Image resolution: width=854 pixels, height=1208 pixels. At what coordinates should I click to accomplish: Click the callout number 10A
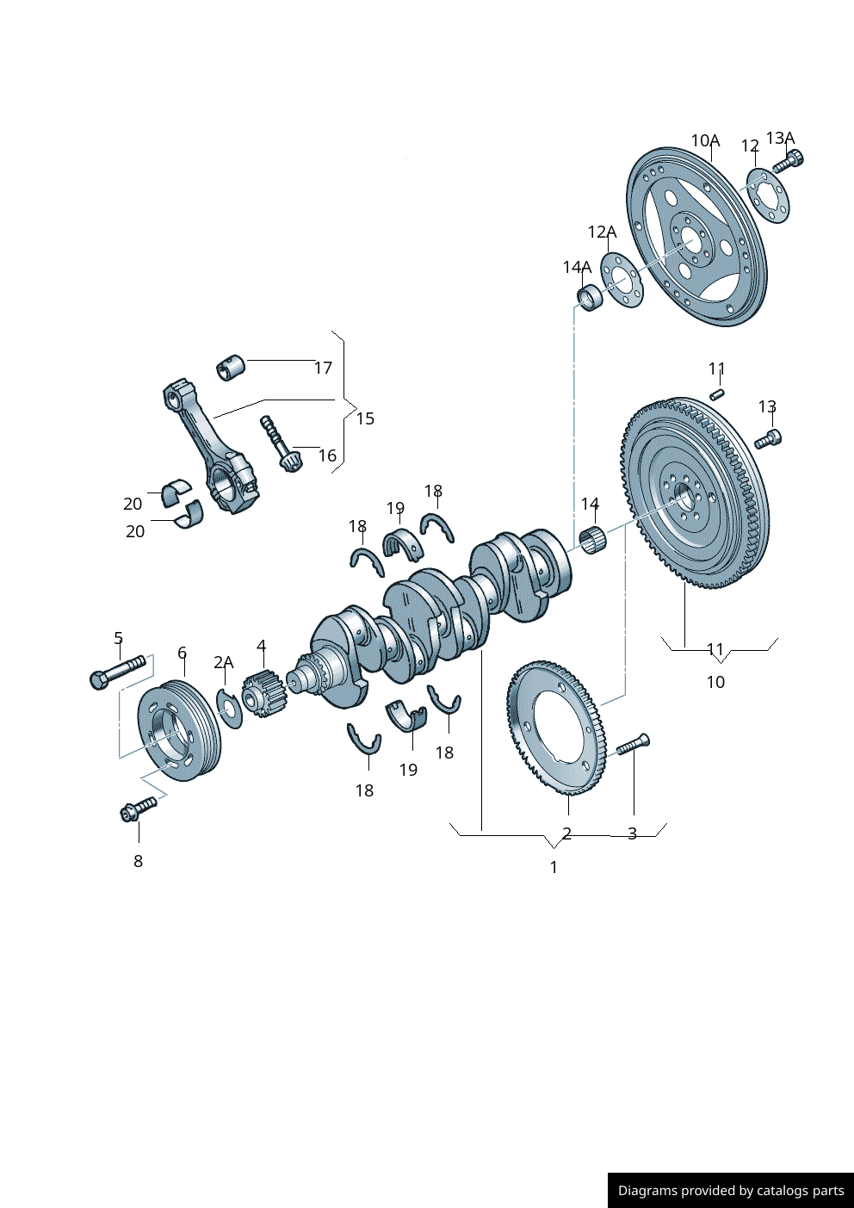705,140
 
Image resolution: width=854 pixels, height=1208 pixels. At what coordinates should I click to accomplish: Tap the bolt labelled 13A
788,161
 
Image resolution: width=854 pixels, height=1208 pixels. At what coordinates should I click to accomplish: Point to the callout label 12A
602,232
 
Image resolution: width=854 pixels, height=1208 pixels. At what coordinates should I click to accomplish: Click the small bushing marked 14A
590,297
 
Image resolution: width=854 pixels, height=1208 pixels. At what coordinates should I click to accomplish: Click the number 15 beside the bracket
365,418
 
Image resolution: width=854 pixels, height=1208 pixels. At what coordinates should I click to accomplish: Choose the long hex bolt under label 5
116,672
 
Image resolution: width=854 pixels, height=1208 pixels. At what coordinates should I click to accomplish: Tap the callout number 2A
223,662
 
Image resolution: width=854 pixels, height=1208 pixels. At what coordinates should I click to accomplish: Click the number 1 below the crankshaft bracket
554,867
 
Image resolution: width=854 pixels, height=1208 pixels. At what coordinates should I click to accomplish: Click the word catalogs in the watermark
783,1191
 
